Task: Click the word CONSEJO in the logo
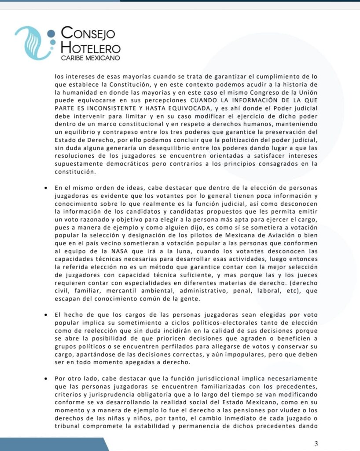[88, 33]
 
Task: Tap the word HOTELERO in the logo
[91, 47]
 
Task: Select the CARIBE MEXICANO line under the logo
[90, 58]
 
